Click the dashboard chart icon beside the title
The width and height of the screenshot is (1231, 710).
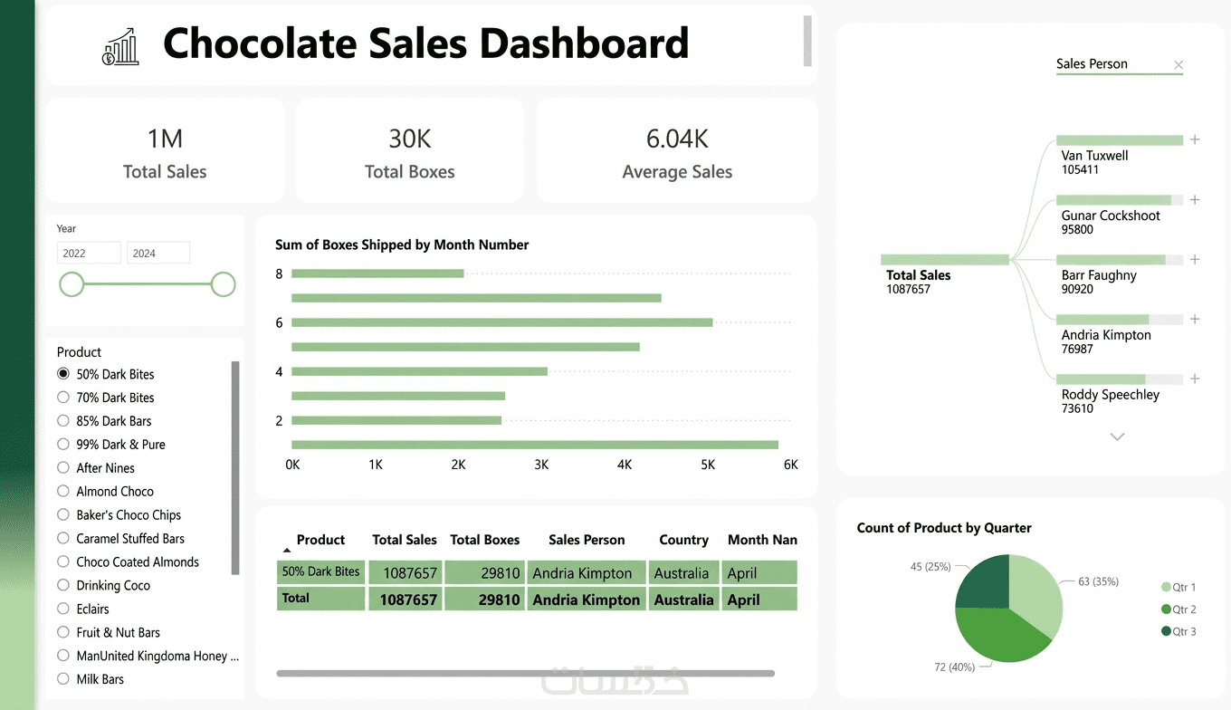tap(120, 46)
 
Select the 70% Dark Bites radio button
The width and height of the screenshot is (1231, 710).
tap(63, 398)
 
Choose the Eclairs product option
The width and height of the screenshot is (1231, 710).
tap(63, 609)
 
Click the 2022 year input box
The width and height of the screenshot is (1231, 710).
tap(88, 253)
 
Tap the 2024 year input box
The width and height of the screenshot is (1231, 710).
tap(157, 253)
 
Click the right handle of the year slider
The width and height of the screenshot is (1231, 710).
tap(223, 284)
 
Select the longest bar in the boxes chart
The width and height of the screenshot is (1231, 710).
tap(534, 445)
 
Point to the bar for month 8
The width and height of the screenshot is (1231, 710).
tap(377, 273)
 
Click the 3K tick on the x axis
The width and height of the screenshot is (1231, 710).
tap(541, 465)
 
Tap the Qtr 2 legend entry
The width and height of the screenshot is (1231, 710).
tap(1179, 609)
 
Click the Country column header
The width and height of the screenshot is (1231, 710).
tap(683, 540)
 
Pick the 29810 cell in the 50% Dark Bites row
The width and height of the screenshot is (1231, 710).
tap(485, 573)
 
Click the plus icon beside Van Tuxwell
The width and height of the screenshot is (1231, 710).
tap(1195, 140)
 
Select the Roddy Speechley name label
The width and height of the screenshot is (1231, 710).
tap(1110, 395)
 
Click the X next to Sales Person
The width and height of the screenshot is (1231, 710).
tap(1179, 64)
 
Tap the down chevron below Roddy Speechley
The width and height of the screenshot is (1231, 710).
tap(1117, 437)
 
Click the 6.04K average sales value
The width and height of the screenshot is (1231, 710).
tap(677, 139)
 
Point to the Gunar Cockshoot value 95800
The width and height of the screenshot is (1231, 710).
tap(1077, 230)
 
